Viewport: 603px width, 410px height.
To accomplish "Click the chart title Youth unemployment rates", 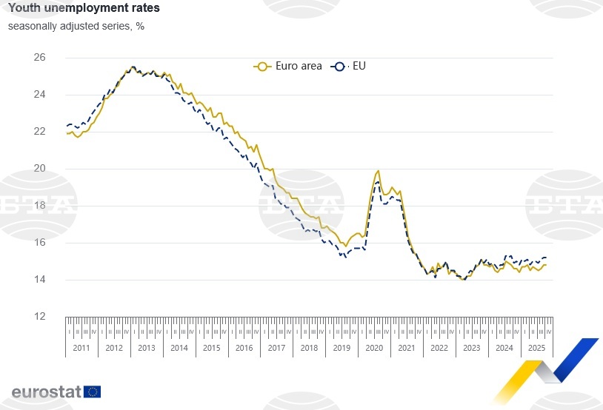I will (x=83, y=9).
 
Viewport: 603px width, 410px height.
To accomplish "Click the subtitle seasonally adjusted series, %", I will (x=76, y=26).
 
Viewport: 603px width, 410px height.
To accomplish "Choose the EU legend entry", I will (x=351, y=66).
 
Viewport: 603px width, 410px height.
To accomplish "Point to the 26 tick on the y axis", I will (x=40, y=57).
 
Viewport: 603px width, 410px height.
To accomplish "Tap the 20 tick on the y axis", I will (x=40, y=168).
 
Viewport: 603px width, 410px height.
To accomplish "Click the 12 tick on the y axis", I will (x=40, y=316).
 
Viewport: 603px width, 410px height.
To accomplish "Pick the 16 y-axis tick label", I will (x=40, y=242).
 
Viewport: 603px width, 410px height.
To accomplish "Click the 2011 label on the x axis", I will (x=81, y=348).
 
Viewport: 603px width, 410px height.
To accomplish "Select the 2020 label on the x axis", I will (x=373, y=348).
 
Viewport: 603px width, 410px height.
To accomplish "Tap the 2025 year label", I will (x=536, y=348).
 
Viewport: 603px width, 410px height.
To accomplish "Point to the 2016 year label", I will (x=244, y=348).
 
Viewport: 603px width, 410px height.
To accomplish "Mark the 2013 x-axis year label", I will (x=147, y=348).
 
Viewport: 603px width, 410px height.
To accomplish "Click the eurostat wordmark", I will (x=46, y=391).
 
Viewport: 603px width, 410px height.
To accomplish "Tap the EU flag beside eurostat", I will (x=93, y=391).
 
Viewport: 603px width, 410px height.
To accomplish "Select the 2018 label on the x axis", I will (x=309, y=348).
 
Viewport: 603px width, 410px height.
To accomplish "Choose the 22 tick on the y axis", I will (x=40, y=131).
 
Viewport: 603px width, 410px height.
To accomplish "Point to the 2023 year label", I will (x=471, y=348).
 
